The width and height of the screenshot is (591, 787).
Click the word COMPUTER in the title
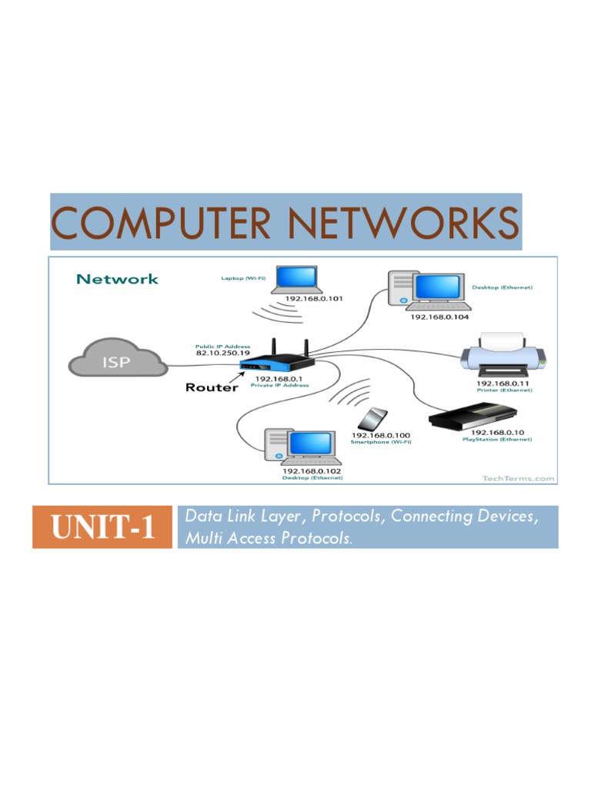(x=161, y=224)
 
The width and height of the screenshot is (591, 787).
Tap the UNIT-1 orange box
(x=102, y=527)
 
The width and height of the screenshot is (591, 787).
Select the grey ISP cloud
(x=117, y=360)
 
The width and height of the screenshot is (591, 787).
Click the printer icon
(x=505, y=356)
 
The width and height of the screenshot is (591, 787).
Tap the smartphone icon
(x=373, y=419)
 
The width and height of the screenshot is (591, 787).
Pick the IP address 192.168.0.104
(x=439, y=316)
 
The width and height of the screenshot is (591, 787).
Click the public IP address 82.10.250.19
(x=222, y=353)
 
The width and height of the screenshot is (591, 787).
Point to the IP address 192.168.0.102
(x=312, y=470)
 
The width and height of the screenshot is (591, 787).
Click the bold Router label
(x=212, y=387)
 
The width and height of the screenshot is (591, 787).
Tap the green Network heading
(x=117, y=279)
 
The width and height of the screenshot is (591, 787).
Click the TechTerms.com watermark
(x=518, y=478)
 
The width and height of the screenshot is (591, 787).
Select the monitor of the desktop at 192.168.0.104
(x=439, y=287)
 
